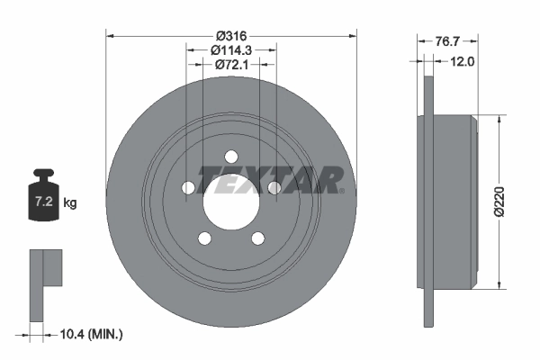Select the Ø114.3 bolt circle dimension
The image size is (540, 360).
point(230,51)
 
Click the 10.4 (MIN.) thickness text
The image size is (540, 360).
point(88,334)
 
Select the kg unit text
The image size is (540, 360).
point(70,204)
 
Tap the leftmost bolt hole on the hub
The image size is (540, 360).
point(187,187)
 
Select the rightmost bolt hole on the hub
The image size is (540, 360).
point(274,187)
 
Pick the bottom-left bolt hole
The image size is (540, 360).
point(204,238)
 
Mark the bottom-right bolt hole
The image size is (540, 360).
point(257,238)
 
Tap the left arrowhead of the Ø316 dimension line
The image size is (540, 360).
point(111,36)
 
